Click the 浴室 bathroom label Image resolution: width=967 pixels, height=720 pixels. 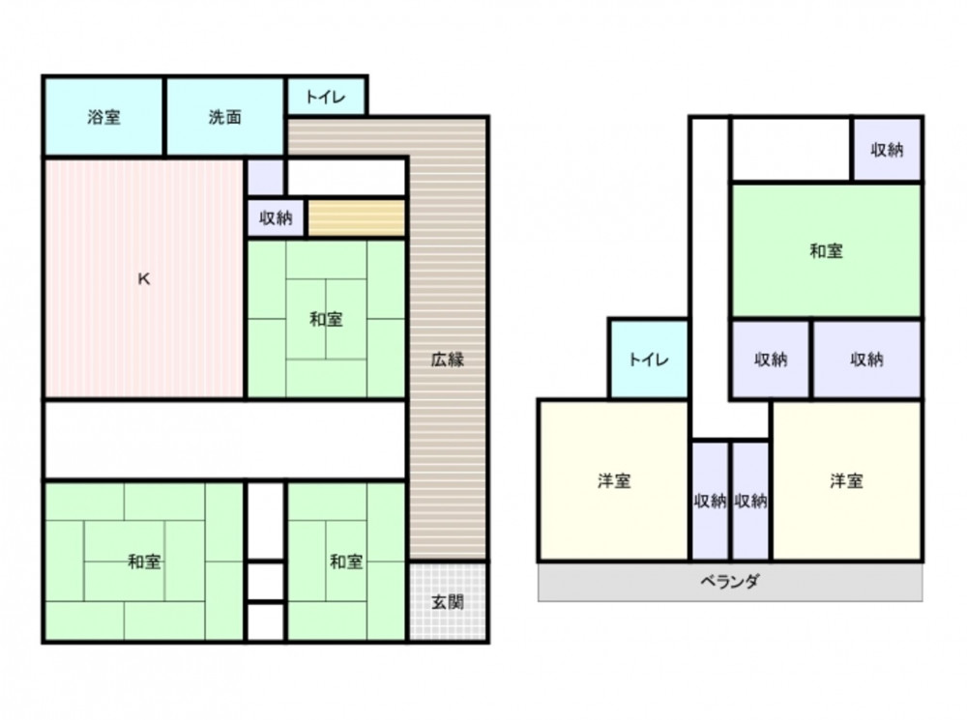coord(103,117)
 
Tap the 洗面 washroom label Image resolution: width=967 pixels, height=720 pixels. coord(224,117)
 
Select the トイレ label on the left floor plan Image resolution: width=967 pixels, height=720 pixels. coord(326,97)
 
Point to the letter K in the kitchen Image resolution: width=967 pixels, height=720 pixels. coord(144,279)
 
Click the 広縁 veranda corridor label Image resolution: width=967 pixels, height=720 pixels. coord(447,360)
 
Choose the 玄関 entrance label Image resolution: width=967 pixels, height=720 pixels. coord(447,602)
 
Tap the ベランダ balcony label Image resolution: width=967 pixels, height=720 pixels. coord(729,581)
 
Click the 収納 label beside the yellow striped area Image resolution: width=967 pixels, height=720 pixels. coord(275,217)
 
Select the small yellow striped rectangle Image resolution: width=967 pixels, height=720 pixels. coord(357,217)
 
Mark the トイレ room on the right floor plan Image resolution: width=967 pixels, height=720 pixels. coord(648,359)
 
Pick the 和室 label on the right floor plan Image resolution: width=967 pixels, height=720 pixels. coord(826,251)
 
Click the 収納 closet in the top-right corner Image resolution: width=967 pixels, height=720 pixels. coord(887,150)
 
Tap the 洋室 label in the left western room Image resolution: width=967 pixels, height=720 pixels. coord(614,481)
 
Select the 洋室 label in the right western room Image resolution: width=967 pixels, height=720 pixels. coord(846,481)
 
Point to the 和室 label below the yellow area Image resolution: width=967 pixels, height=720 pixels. coord(326,319)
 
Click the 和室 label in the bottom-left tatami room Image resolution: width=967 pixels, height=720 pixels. coord(144,562)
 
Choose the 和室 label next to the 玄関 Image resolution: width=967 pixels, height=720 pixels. coord(346,562)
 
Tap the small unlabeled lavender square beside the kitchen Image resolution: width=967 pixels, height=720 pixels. coord(265,178)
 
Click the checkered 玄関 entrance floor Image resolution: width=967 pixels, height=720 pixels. coord(447,601)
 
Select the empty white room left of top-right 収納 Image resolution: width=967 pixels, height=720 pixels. coord(791,150)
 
